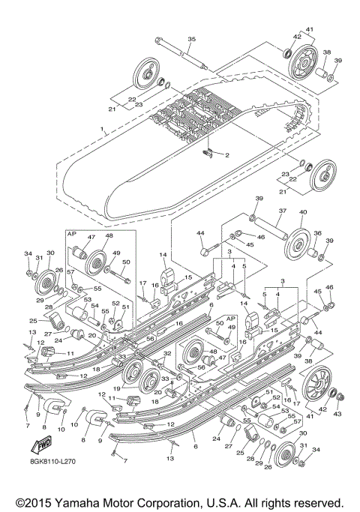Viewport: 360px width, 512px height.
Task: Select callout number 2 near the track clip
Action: [x=227, y=157]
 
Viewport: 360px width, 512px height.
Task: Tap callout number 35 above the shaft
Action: [x=190, y=39]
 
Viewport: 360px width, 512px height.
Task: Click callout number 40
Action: [x=304, y=212]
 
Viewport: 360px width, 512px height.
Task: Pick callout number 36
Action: [x=316, y=233]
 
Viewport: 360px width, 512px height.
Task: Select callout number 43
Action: [x=337, y=415]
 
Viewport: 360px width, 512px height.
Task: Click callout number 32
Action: [x=169, y=352]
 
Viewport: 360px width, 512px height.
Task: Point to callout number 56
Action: [x=150, y=338]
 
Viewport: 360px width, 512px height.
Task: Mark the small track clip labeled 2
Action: [x=213, y=154]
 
